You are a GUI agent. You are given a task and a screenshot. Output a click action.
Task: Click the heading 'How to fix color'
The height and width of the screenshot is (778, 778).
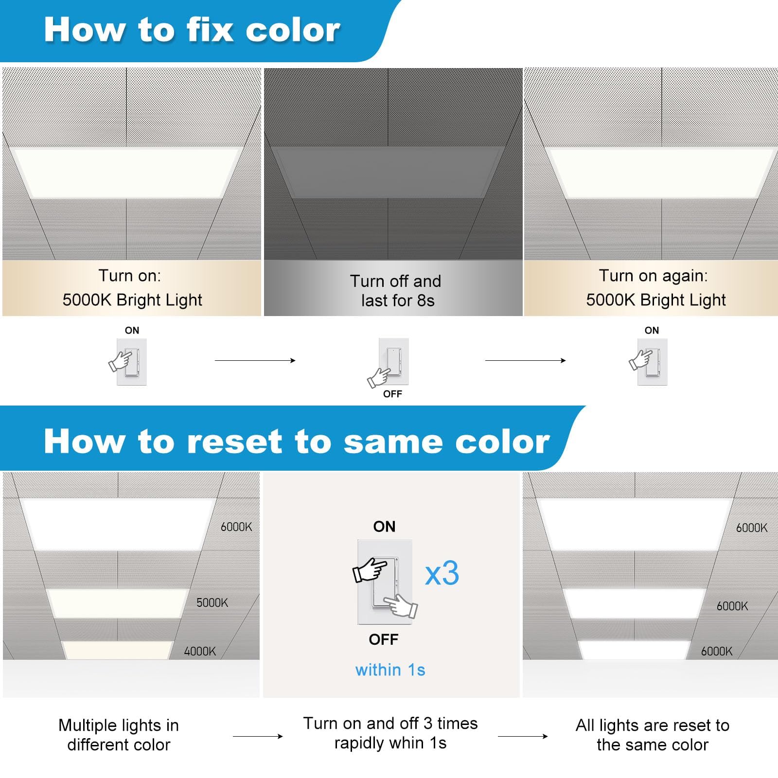tap(192, 30)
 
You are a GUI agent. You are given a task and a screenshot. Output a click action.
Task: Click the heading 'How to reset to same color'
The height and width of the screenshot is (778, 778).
tap(297, 442)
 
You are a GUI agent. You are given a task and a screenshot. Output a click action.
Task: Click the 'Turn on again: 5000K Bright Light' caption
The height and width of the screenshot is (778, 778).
tap(654, 288)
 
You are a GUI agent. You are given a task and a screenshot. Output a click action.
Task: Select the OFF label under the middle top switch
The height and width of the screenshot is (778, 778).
tap(392, 394)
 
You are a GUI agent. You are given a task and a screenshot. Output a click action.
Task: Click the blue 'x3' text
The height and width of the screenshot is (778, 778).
tap(442, 574)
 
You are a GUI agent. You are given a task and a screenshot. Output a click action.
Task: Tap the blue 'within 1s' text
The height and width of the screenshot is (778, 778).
tap(390, 670)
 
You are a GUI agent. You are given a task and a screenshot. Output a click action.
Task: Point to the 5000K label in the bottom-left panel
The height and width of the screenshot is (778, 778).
tap(212, 603)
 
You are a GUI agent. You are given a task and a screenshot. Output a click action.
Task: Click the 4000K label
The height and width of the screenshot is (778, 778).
tap(200, 652)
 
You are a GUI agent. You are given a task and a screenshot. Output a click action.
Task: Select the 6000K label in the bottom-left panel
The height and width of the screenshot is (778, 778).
tap(236, 527)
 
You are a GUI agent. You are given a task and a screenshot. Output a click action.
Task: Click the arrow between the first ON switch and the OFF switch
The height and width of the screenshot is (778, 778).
tap(255, 360)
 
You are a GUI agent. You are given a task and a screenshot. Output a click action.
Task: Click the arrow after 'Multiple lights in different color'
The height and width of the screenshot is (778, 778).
tap(258, 736)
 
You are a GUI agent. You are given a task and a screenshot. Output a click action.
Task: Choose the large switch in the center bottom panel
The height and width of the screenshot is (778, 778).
tap(384, 582)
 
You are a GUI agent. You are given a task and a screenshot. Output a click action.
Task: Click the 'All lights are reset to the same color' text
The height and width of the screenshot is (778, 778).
tap(653, 735)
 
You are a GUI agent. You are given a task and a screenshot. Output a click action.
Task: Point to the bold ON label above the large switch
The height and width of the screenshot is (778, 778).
tap(384, 527)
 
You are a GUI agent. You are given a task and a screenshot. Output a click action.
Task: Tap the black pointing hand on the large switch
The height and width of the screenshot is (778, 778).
tap(370, 570)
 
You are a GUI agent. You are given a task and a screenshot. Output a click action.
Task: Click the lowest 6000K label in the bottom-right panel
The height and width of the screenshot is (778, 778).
tap(716, 652)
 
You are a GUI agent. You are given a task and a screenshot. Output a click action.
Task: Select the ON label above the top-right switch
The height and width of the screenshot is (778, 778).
tap(652, 331)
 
